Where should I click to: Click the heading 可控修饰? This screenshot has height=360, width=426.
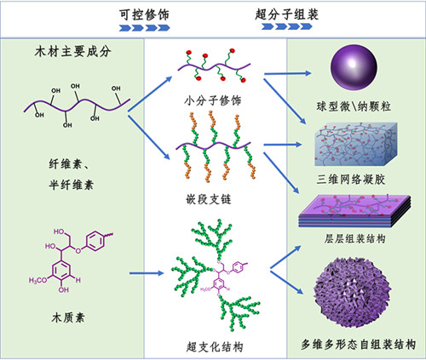144,14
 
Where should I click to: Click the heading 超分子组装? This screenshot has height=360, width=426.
286,14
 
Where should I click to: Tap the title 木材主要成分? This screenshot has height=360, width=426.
72,52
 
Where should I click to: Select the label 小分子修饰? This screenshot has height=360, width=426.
213,100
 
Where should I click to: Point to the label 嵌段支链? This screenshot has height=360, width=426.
209,199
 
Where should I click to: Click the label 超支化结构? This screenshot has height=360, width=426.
215,347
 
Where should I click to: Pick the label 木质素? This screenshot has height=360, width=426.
68,317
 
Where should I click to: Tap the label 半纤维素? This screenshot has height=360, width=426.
71,185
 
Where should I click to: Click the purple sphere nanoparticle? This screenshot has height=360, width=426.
354,68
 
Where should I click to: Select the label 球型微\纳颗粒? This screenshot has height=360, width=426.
354,106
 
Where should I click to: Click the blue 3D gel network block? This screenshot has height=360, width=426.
356,145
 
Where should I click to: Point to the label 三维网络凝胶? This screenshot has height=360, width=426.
351,180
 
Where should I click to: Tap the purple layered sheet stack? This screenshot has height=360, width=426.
354,211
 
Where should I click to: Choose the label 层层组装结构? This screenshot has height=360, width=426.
354,238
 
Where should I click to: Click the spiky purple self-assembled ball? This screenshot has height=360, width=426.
352,293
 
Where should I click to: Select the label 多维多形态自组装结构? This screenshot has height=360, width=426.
358,345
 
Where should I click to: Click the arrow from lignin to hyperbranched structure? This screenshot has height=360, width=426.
147,273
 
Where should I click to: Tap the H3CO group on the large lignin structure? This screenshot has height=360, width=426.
37,281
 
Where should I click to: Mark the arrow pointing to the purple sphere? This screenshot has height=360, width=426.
288,73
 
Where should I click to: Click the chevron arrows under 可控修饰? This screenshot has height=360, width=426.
144,28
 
